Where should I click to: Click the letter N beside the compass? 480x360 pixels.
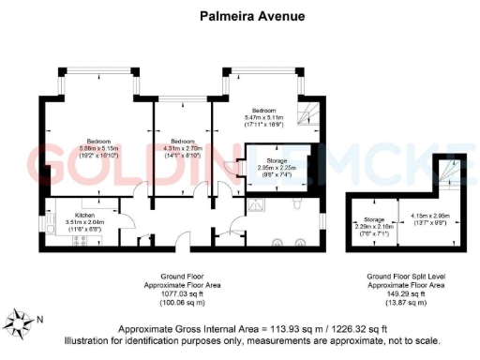38,318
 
